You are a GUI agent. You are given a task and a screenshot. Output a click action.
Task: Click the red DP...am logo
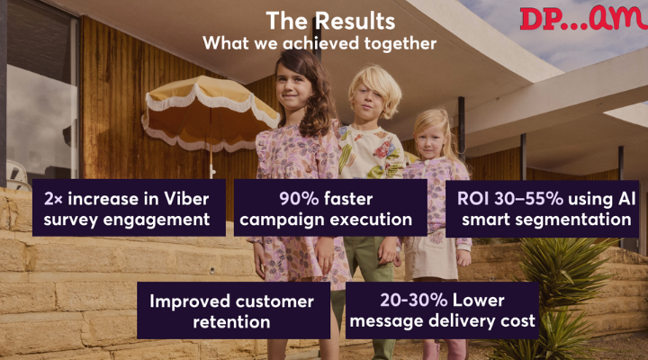[583, 18]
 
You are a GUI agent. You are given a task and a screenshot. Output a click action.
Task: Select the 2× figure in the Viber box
[53, 199]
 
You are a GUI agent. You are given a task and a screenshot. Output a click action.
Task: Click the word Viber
[186, 199]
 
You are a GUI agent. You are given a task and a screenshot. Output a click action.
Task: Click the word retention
[231, 322]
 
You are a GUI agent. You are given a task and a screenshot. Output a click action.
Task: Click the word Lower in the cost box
[478, 301]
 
